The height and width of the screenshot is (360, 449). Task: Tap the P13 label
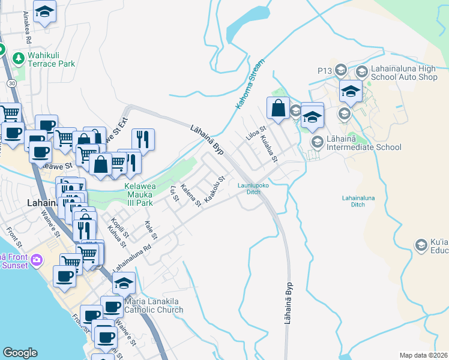point(325,71)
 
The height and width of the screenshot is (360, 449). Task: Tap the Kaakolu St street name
point(214,189)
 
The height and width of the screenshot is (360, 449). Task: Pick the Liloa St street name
point(256,134)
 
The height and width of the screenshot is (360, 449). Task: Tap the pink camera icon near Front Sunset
point(37,260)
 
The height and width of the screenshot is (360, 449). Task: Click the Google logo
point(20,353)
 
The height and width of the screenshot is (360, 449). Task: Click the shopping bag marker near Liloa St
point(278,109)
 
